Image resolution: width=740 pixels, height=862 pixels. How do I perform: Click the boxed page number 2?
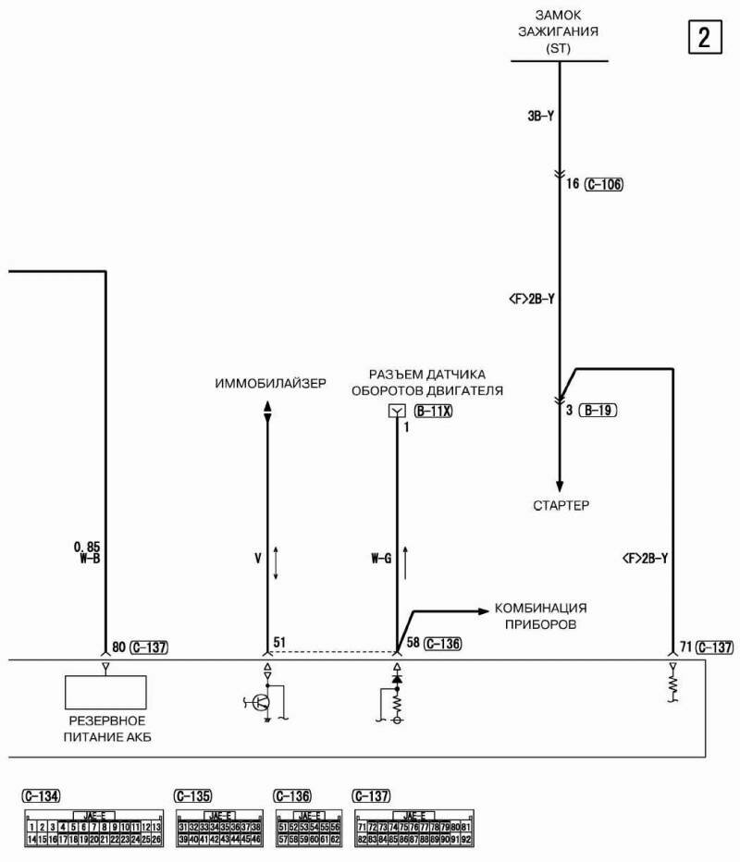[704, 38]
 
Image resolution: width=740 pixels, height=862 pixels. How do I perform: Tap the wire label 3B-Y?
[538, 117]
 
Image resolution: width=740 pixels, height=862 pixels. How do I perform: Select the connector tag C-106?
[604, 184]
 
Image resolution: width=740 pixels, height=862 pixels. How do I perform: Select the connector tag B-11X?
[433, 411]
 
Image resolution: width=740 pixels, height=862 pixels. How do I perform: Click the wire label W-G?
[382, 558]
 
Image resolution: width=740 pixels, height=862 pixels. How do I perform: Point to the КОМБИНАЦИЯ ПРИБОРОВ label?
[541, 616]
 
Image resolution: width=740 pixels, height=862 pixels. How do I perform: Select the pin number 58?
[413, 644]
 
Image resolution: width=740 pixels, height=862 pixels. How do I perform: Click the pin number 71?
[685, 646]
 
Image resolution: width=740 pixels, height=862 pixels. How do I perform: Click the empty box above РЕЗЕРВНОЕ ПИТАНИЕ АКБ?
[105, 693]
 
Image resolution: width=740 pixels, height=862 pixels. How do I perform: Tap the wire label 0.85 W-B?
[88, 552]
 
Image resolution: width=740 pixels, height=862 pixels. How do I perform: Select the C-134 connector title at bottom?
[42, 795]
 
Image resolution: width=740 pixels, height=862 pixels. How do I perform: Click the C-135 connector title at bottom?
[193, 795]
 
